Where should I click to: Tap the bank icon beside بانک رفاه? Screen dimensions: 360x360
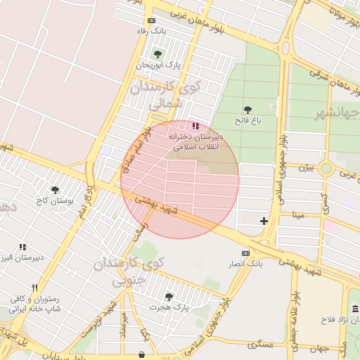(151, 21)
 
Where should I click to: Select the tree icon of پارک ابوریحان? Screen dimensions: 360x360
(157, 54)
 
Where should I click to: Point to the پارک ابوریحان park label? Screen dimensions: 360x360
(158, 65)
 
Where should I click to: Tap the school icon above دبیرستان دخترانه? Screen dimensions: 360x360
(195, 126)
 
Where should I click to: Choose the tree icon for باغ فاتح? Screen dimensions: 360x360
(247, 110)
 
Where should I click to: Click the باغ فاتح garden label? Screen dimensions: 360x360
(247, 121)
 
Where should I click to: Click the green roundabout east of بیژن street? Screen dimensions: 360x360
(326, 169)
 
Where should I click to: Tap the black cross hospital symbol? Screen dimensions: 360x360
(264, 221)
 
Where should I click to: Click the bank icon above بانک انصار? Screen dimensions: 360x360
(245, 253)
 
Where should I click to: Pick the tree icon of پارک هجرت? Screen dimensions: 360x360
(168, 297)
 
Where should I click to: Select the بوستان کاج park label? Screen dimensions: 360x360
(54, 201)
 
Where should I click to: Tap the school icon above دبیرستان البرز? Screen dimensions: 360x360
(22, 247)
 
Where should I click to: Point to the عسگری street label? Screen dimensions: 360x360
(260, 345)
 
